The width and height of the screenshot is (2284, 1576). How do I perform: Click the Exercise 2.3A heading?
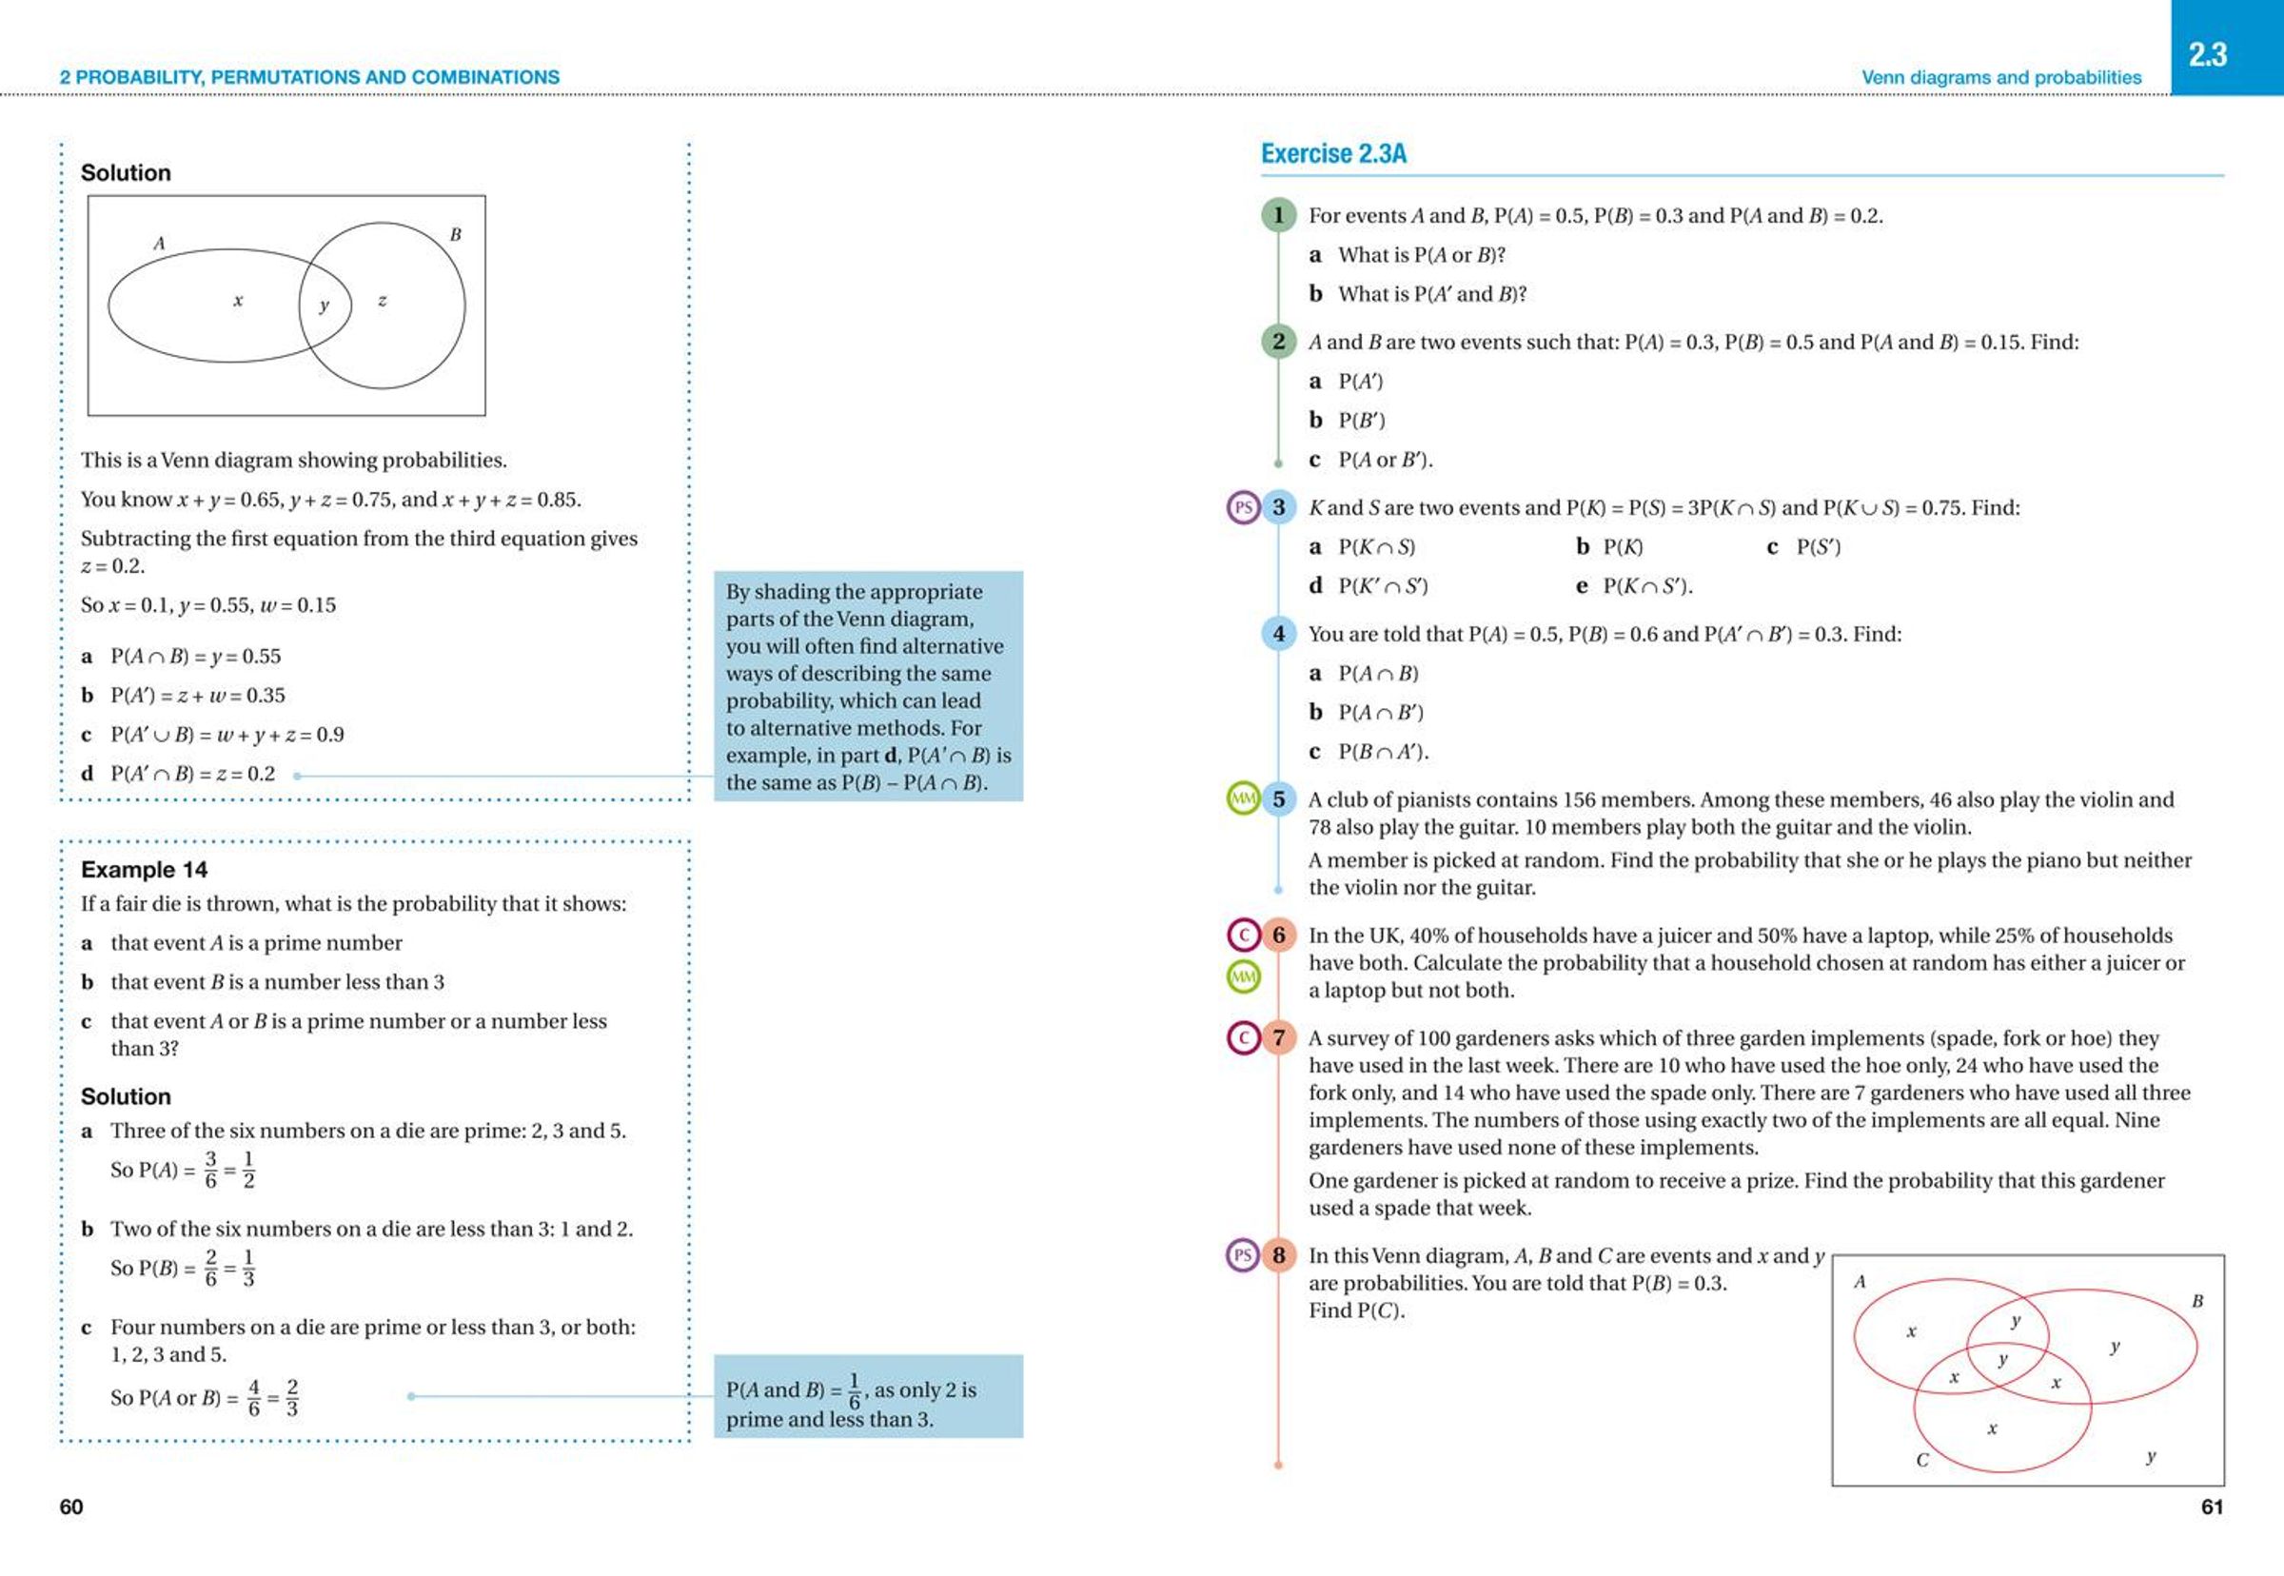point(1333,154)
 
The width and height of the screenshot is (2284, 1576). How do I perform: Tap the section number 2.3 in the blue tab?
point(2208,54)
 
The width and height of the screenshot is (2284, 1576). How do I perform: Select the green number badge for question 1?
point(1278,215)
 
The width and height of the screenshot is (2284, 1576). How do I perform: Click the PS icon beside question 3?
point(1242,507)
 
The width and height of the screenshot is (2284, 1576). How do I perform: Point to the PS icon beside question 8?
point(1242,1256)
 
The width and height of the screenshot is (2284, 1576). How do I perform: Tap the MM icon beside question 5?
point(1242,798)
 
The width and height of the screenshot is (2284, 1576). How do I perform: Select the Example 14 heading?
point(144,870)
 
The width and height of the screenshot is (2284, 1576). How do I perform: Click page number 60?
point(71,1507)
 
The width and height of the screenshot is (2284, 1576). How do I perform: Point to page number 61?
point(2212,1507)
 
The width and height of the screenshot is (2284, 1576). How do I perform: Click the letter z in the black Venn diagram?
point(383,300)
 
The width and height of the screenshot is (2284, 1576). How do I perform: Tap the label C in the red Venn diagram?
point(1921,1460)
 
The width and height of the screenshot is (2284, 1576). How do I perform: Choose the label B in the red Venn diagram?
point(2197,1301)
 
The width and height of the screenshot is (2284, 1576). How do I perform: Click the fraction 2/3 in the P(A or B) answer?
point(292,1397)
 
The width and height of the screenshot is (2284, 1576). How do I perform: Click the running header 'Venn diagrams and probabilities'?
point(2000,77)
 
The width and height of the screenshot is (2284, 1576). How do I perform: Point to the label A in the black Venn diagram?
point(159,243)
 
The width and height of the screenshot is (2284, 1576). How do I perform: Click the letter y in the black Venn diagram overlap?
point(324,306)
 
